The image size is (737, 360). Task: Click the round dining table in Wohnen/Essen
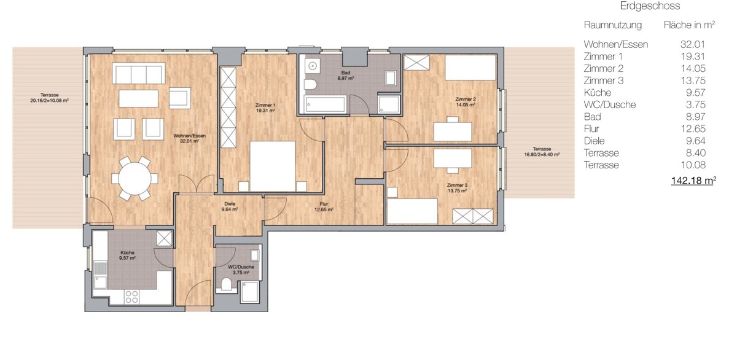[x=135, y=179]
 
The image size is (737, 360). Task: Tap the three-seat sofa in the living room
[x=139, y=73]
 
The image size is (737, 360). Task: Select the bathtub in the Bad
[x=325, y=104]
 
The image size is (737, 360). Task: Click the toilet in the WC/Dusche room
[x=227, y=284]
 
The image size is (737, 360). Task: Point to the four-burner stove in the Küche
[x=131, y=297]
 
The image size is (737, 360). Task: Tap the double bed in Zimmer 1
[x=273, y=166]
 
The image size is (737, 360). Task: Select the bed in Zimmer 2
[x=470, y=68]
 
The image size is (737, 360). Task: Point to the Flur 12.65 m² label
[x=324, y=206]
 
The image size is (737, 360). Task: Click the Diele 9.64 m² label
[x=230, y=206]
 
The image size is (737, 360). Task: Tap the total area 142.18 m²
[x=693, y=181]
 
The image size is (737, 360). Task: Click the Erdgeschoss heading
[x=650, y=6]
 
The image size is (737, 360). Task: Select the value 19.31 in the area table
[x=693, y=57]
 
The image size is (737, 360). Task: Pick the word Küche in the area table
[x=598, y=93]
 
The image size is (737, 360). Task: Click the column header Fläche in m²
[x=689, y=25]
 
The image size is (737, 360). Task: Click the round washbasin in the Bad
[x=311, y=66]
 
